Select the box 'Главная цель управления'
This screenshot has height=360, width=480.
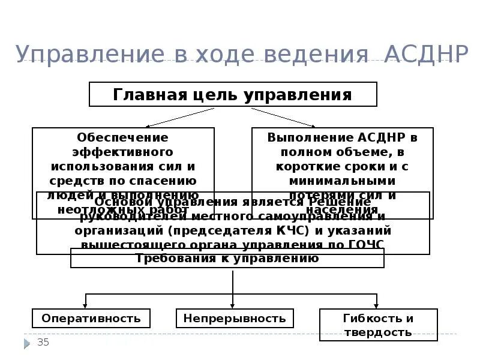click(x=233, y=95)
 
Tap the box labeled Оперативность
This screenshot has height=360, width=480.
click(x=91, y=318)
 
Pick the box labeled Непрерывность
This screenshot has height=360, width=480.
click(x=235, y=318)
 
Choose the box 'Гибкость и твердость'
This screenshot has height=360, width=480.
click(x=378, y=325)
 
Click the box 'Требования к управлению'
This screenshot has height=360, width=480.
click(x=227, y=259)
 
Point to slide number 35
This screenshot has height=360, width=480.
click(x=43, y=343)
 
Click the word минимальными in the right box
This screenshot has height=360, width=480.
click(x=342, y=181)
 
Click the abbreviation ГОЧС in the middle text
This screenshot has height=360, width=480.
click(x=365, y=245)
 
